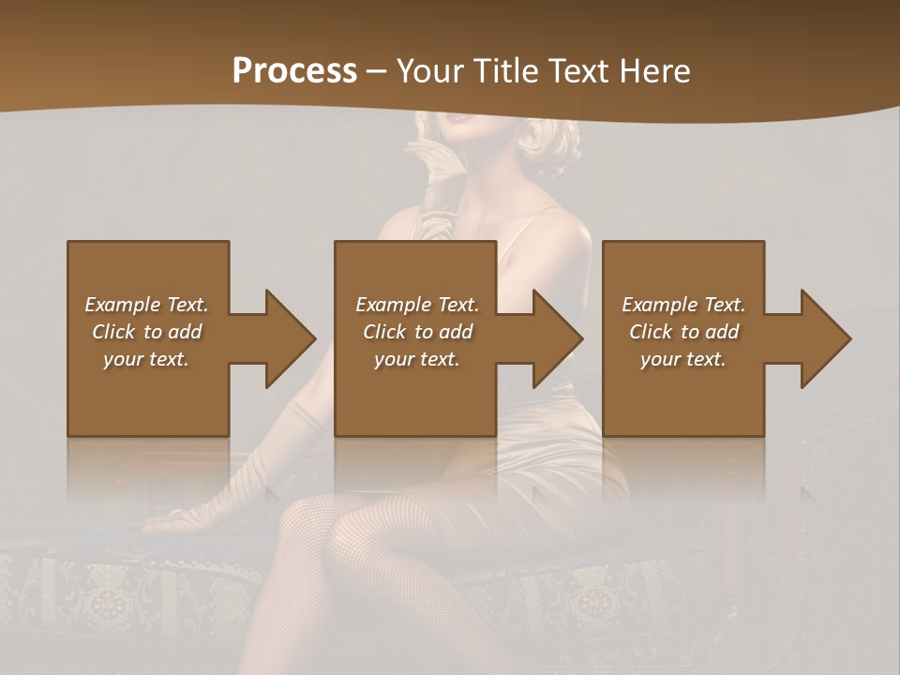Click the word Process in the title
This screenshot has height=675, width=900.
[294, 71]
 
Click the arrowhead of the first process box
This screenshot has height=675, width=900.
[291, 338]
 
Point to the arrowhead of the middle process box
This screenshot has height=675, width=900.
[558, 338]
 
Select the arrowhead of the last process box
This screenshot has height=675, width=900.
[826, 338]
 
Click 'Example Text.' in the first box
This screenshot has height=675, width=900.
[146, 305]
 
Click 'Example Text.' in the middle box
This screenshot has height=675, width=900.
[417, 305]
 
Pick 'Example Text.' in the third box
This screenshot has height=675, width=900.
[683, 305]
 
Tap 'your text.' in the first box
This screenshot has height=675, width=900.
[146, 359]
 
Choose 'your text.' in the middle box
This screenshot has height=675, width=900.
[417, 359]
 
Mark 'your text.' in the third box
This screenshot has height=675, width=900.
[683, 359]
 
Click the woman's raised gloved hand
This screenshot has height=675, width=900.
[433, 169]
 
